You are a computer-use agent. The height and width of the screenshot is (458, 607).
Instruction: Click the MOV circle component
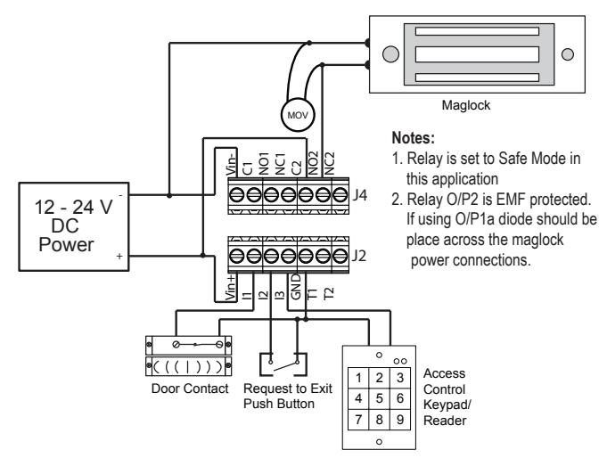click(x=298, y=115)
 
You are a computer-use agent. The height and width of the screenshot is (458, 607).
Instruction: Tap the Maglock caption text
click(x=465, y=105)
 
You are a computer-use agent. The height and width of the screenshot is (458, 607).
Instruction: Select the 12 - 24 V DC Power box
click(x=74, y=226)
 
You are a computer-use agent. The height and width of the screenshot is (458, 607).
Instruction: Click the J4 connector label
click(x=359, y=195)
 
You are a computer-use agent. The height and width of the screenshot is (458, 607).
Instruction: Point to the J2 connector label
click(x=359, y=256)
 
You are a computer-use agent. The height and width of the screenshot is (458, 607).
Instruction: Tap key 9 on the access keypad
click(x=400, y=419)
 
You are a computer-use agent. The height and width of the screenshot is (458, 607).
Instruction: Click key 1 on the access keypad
click(x=358, y=378)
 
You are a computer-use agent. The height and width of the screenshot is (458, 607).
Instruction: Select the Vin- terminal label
click(x=232, y=163)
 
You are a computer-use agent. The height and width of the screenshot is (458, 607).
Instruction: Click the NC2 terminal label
click(x=329, y=163)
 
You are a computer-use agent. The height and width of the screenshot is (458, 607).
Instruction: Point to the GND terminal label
click(x=295, y=287)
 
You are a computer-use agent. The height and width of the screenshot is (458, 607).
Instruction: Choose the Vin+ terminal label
click(x=231, y=288)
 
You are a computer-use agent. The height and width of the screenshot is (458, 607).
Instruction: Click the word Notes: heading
click(x=413, y=138)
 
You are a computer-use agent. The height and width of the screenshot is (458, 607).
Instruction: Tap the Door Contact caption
click(x=190, y=388)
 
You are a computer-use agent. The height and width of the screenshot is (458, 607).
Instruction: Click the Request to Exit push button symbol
click(x=283, y=364)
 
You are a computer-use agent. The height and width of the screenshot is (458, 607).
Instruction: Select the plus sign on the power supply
click(x=119, y=256)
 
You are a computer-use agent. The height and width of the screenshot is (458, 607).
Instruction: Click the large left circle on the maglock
click(x=390, y=54)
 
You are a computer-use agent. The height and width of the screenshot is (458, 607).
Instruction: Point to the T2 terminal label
click(x=328, y=293)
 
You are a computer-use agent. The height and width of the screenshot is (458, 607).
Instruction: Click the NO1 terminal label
click(x=264, y=163)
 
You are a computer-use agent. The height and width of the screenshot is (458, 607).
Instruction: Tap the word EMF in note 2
click(x=512, y=200)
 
